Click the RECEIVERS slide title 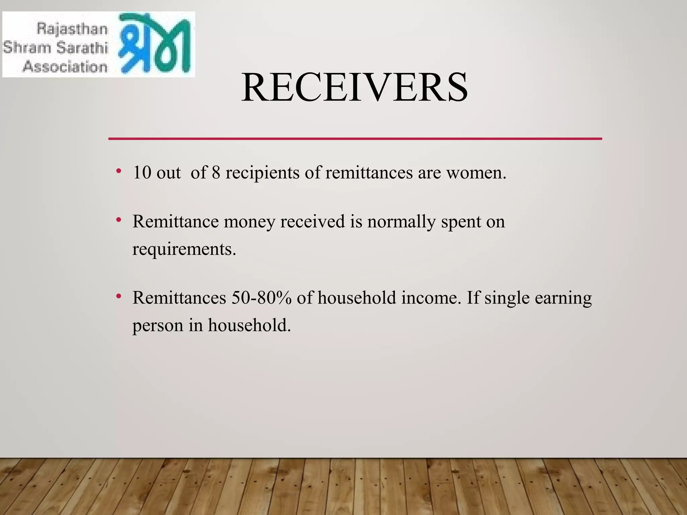click(354, 88)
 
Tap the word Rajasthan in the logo click(72, 29)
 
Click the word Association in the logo click(65, 66)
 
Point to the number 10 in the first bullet click(142, 173)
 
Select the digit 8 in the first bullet click(216, 173)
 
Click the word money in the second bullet click(249, 222)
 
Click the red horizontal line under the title click(355, 138)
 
